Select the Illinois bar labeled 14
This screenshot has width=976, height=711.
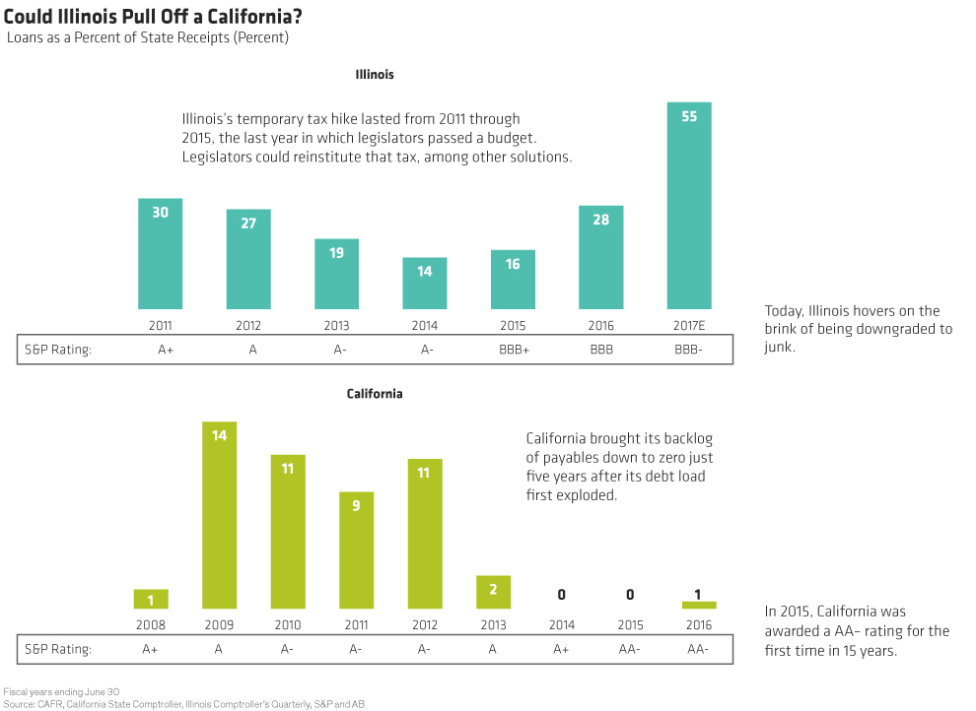click(425, 284)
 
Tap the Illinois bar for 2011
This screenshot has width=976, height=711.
click(160, 254)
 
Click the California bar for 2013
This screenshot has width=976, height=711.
click(493, 592)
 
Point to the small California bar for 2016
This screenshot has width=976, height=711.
click(699, 605)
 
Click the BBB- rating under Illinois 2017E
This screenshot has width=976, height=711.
click(689, 349)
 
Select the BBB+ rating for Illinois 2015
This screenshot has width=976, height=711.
click(513, 349)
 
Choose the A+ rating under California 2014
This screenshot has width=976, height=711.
click(561, 648)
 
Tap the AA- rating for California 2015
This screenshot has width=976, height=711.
click(630, 648)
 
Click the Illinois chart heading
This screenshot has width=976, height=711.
click(375, 74)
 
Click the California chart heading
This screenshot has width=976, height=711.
click(375, 394)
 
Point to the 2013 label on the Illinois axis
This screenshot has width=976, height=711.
click(336, 326)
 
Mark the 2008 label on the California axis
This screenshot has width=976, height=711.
click(151, 625)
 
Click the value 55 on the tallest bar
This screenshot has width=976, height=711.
click(689, 116)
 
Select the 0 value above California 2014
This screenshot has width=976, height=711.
click(561, 595)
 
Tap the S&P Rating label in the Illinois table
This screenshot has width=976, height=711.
click(56, 349)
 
